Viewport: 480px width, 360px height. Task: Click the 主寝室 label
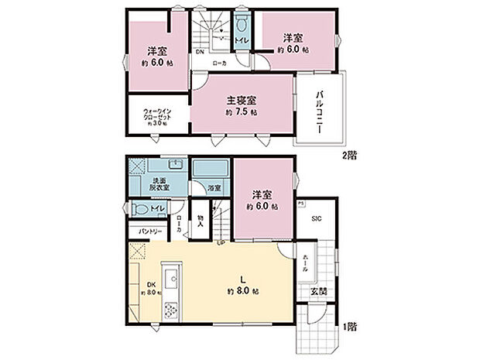[242, 101]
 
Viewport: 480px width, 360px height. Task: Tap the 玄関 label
[318, 291]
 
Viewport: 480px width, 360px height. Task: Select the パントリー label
[151, 231]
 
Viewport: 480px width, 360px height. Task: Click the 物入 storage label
[200, 220]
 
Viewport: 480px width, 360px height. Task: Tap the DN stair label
[200, 53]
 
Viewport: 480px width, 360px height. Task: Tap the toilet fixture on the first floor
[139, 208]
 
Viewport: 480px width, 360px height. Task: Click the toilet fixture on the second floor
[242, 23]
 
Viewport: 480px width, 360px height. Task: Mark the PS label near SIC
[301, 204]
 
